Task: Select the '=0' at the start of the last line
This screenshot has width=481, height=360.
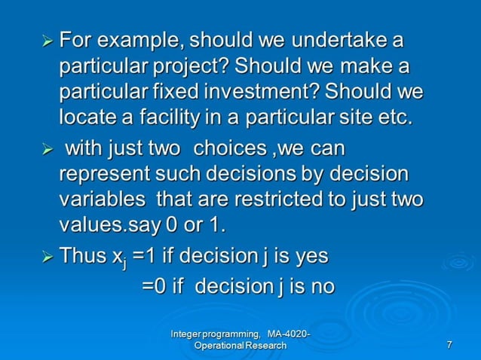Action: [156, 287]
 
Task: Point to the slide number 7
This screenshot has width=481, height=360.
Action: [449, 345]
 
